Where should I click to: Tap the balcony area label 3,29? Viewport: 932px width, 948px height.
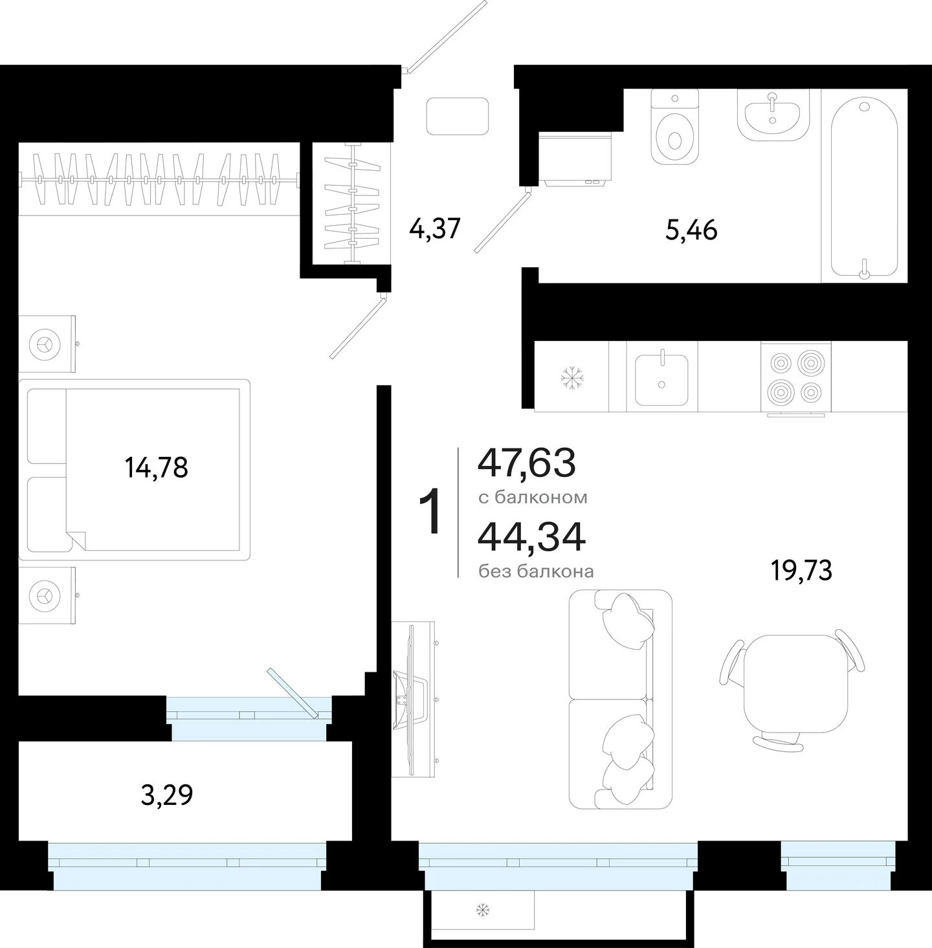[167, 795]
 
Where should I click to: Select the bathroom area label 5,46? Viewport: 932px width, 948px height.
[691, 230]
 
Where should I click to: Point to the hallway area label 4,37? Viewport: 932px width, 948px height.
[435, 228]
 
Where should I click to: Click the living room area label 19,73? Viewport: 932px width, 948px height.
[801, 571]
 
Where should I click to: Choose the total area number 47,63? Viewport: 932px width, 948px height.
[527, 463]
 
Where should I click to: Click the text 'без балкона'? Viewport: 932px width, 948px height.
[536, 571]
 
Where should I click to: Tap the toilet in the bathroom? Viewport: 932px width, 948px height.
[674, 127]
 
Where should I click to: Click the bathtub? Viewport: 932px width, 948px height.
[864, 188]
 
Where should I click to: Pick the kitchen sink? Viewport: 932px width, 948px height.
[661, 380]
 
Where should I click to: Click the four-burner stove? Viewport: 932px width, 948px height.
[795, 377]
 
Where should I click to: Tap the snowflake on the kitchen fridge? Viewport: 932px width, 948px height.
[571, 378]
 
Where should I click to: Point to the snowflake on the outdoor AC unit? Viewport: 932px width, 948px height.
[483, 910]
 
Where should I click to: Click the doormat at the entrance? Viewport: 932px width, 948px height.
[458, 116]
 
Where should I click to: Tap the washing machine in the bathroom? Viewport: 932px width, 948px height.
[575, 159]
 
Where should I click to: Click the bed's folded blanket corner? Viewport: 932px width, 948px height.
[76, 540]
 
